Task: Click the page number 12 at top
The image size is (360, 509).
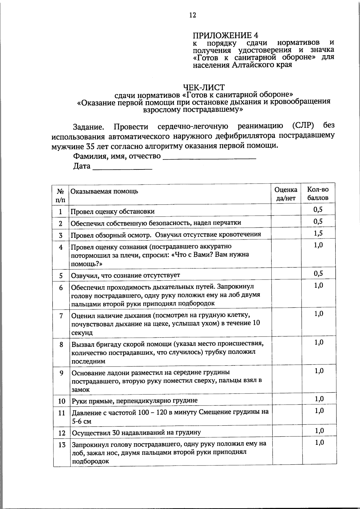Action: point(193,15)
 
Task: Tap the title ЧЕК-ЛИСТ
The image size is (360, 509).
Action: point(204,87)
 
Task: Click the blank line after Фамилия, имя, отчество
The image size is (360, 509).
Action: point(209,156)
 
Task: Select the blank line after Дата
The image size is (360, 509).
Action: point(122,166)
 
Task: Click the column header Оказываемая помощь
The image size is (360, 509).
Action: point(104,191)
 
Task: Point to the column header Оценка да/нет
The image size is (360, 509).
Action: point(286,194)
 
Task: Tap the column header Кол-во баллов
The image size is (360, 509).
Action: point(318,194)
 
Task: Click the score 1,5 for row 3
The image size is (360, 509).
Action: point(318,233)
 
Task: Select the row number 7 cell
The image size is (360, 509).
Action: point(61,316)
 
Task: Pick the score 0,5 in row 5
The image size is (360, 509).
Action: point(318,274)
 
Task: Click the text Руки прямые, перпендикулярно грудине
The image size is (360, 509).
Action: point(134,401)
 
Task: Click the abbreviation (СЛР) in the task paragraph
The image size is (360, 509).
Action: point(302,125)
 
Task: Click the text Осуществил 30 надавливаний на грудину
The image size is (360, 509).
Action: point(136,433)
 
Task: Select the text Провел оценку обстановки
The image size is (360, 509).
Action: point(112,211)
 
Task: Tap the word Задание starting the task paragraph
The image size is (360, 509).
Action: point(88,127)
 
